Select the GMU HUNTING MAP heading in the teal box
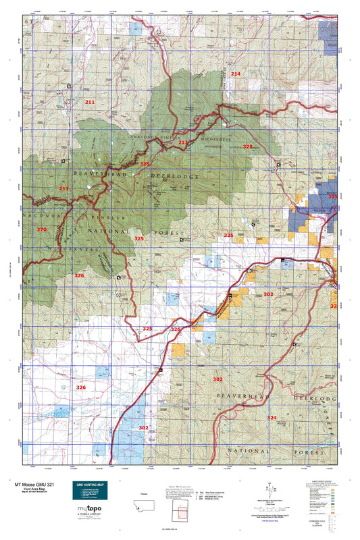pyautogui.click(x=88, y=485)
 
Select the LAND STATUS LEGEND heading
pyautogui.click(x=322, y=481)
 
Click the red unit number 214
pyautogui.click(x=235, y=73)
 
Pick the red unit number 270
pyautogui.click(x=42, y=230)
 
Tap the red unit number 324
pyautogui.click(x=271, y=418)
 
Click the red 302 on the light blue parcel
pyautogui.click(x=143, y=428)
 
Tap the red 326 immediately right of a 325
pyautogui.click(x=176, y=329)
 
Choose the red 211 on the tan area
pyautogui.click(x=90, y=102)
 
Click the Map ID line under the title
pyautogui.click(x=33, y=494)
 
